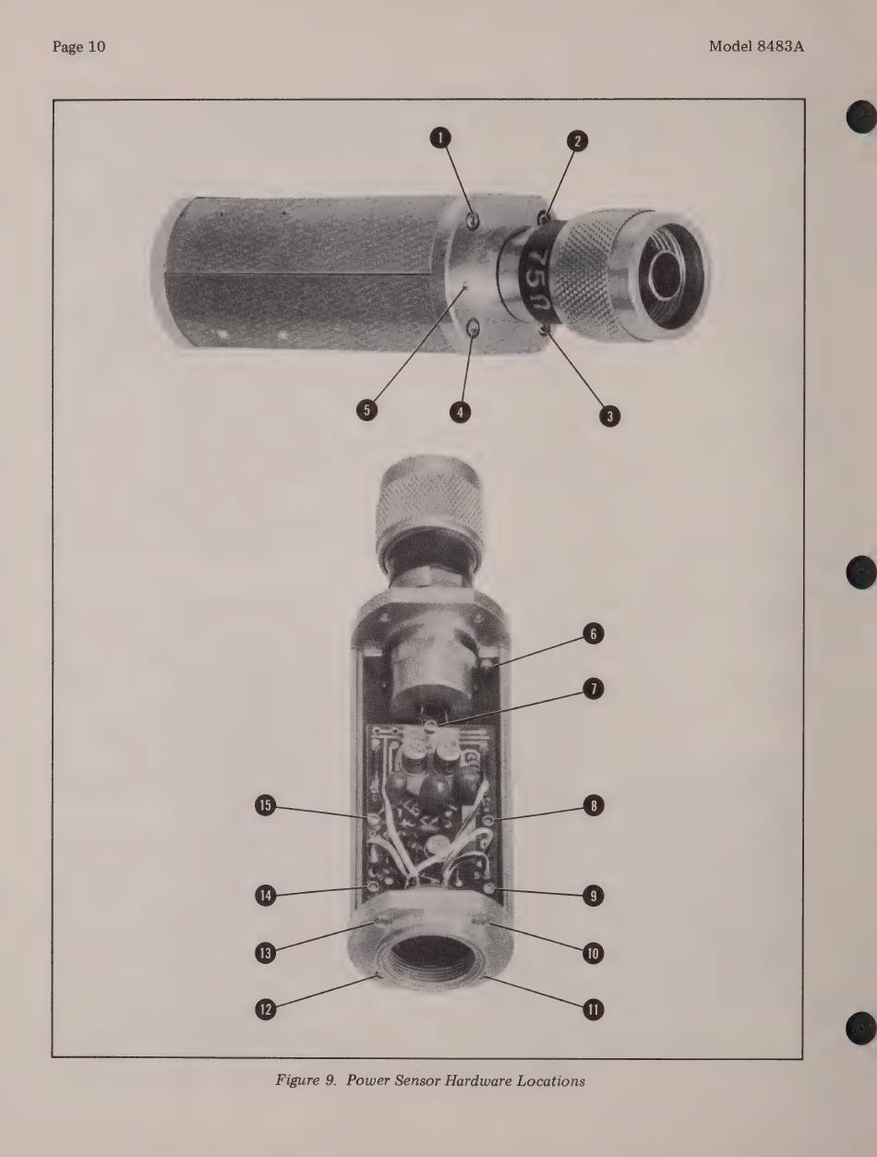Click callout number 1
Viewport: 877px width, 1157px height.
[x=440, y=139]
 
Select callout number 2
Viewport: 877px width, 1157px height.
[x=577, y=140]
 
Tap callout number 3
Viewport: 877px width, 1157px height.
[x=609, y=416]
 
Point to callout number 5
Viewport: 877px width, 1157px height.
[x=366, y=410]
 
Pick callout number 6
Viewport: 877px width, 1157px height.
[x=593, y=633]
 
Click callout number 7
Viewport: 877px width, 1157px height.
[x=593, y=689]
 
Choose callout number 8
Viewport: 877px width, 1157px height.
[x=593, y=806]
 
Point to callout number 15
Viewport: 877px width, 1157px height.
[x=266, y=805]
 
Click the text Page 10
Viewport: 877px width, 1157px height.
[x=78, y=47]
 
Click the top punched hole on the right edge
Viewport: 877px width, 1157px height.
[x=860, y=116]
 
